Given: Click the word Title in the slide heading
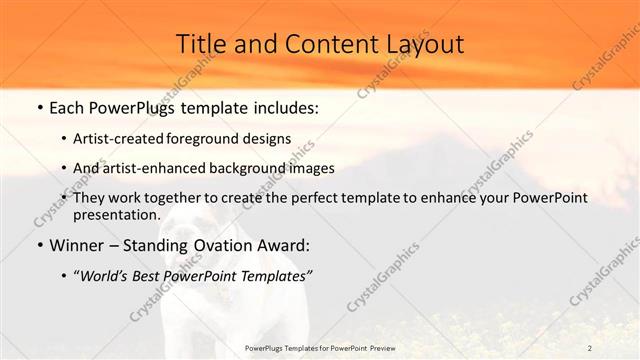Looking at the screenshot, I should (x=200, y=45).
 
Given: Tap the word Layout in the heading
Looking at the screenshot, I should (x=425, y=45).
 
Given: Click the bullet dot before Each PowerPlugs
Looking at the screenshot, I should (x=39, y=105).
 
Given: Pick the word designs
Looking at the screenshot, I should (x=271, y=138).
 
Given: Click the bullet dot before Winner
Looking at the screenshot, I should (x=39, y=245).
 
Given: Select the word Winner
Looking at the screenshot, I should (x=79, y=245).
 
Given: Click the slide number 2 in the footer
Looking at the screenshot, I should (x=590, y=347).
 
